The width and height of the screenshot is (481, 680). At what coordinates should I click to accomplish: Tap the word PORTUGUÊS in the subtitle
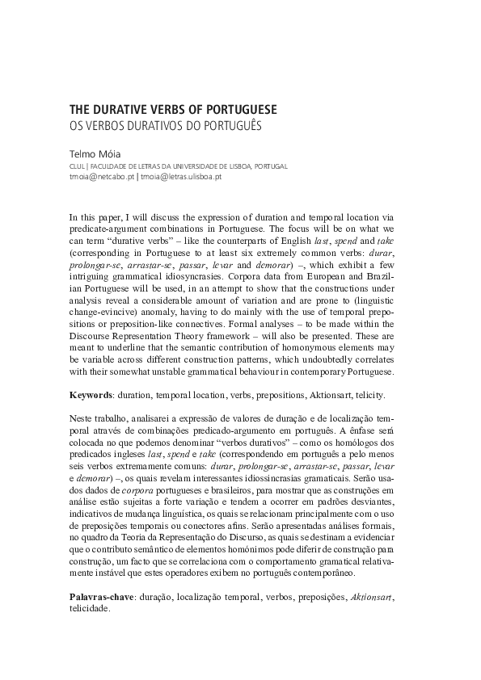coord(233,126)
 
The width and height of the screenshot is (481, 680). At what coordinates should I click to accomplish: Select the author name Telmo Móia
coord(95,151)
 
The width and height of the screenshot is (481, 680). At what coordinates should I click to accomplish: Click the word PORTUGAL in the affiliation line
coord(271,165)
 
